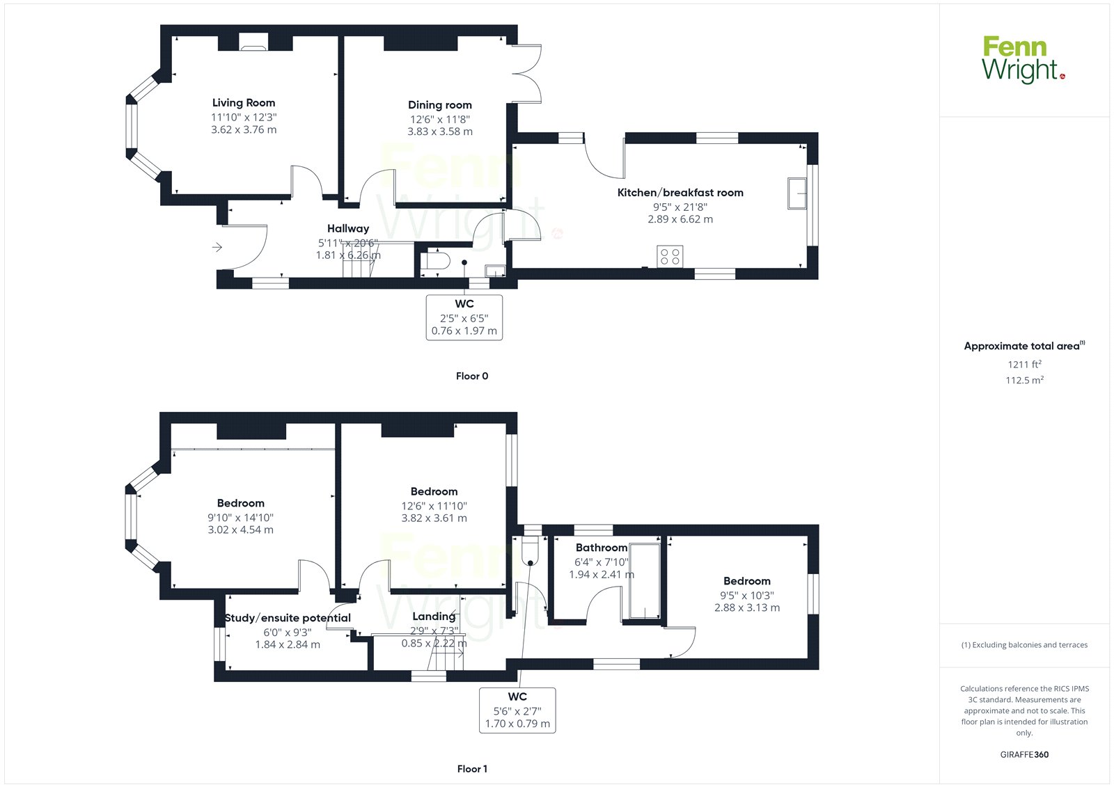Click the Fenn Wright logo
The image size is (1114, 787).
(x=1023, y=60)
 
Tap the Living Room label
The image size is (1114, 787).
(x=244, y=103)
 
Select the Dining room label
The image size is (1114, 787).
(x=439, y=105)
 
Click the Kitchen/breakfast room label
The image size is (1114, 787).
(x=680, y=192)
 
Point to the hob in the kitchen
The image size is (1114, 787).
(x=670, y=257)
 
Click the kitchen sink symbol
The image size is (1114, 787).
(x=797, y=193)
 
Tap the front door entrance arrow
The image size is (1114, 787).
(x=217, y=246)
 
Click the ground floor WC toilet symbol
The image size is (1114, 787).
(x=435, y=261)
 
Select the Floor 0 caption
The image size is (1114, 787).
(x=472, y=376)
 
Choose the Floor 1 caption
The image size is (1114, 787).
(x=472, y=769)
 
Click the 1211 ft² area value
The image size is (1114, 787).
(x=1024, y=365)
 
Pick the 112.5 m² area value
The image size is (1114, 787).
(x=1024, y=380)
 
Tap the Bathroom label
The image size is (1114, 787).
(x=602, y=548)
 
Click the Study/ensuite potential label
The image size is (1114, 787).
(x=288, y=618)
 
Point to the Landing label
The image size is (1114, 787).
(x=434, y=617)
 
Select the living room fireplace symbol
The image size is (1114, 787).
(x=253, y=42)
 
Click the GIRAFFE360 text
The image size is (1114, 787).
(x=1024, y=754)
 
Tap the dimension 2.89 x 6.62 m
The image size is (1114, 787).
(x=680, y=219)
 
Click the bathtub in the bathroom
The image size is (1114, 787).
(x=645, y=581)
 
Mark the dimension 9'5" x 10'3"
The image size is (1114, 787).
(x=747, y=596)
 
